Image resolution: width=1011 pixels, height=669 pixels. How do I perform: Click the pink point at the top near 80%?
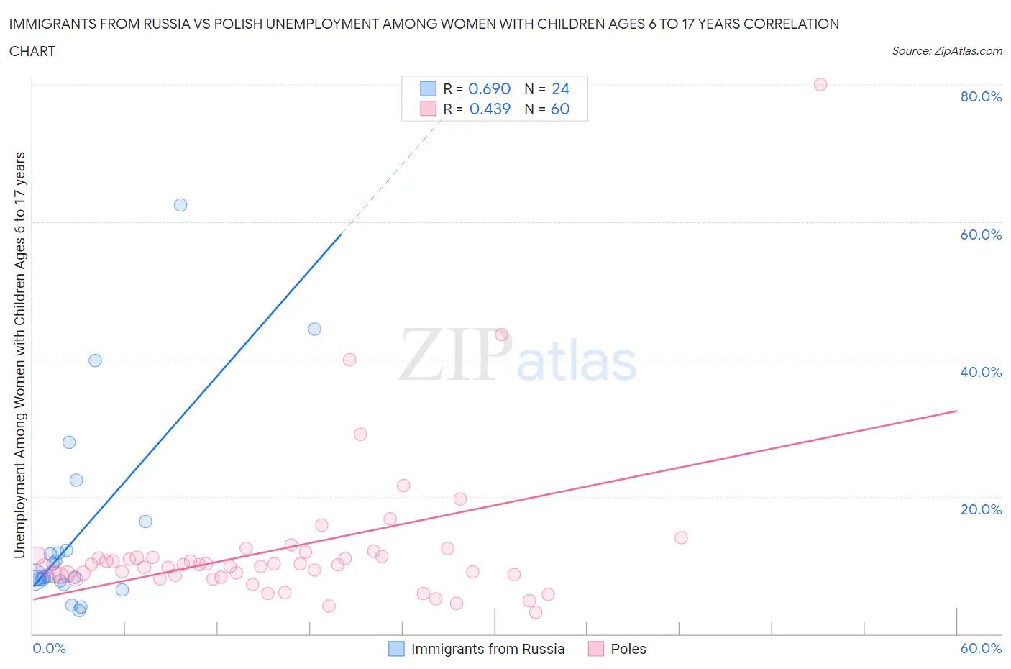(820, 84)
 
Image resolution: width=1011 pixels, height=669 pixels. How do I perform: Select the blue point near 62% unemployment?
(180, 205)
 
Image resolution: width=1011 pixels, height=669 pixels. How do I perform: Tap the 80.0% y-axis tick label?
(981, 96)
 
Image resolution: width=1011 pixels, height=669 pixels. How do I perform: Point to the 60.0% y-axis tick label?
(981, 235)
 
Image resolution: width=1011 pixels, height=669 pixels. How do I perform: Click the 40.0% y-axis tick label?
(981, 372)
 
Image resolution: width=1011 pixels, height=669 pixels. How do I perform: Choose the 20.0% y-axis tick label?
(981, 509)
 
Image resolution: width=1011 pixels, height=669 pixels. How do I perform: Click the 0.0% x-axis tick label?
(49, 648)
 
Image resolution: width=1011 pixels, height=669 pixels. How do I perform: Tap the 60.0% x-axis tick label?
(981, 648)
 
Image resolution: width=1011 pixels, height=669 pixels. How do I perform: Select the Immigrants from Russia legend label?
(488, 649)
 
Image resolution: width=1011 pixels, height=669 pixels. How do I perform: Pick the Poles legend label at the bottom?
(628, 649)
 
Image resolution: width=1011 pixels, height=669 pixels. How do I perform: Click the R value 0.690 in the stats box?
(489, 88)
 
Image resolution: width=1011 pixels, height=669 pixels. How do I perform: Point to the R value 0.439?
(490, 109)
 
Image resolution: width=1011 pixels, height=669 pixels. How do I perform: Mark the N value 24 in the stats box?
(560, 88)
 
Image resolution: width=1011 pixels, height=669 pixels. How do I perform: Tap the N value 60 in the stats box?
(560, 109)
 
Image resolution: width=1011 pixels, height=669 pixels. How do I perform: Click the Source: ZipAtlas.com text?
(946, 50)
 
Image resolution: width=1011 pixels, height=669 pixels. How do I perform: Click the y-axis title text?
(19, 355)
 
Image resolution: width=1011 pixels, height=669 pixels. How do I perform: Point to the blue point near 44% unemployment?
(314, 329)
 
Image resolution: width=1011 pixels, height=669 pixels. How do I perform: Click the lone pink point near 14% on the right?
(681, 537)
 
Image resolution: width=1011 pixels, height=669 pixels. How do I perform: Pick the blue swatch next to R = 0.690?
(428, 88)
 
